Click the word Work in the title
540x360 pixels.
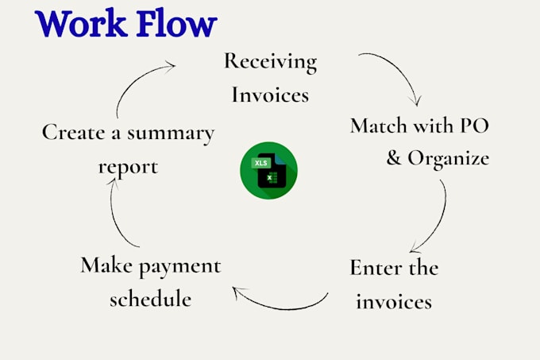point(82,24)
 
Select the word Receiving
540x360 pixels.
point(270,62)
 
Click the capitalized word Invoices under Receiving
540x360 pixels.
point(270,95)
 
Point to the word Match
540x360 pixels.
point(379,125)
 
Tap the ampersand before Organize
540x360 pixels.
point(394,158)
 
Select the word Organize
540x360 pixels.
point(449,159)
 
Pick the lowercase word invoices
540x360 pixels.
point(394,301)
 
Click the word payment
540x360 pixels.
point(180,267)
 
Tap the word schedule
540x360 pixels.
point(151,298)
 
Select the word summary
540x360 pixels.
point(171,134)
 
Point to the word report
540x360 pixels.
point(128,168)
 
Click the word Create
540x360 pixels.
point(73,132)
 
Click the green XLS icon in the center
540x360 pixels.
point(269,171)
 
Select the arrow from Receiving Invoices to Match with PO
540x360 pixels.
point(399,69)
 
